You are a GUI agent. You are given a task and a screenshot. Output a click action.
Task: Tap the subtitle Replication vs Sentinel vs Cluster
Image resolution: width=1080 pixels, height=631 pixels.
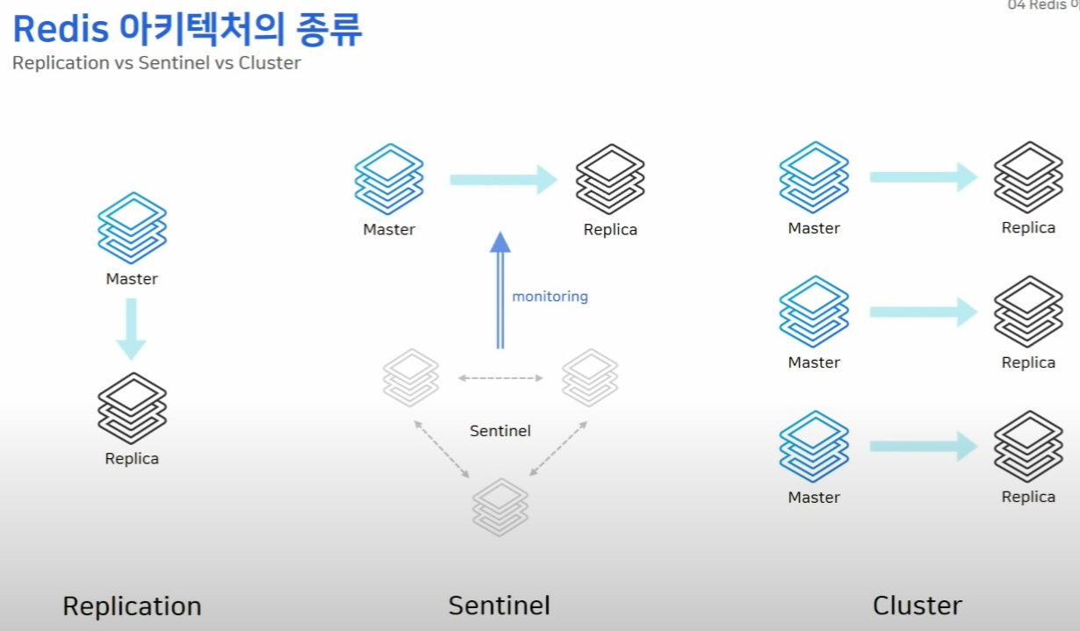pyautogui.click(x=156, y=63)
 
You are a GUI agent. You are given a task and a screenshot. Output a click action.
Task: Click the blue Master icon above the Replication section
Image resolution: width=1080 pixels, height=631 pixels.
pyautogui.click(x=132, y=228)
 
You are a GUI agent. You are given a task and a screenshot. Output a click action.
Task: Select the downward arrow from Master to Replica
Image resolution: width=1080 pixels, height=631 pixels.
pyautogui.click(x=131, y=328)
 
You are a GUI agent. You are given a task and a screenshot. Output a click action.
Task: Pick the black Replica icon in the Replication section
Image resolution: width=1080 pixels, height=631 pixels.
pyautogui.click(x=132, y=408)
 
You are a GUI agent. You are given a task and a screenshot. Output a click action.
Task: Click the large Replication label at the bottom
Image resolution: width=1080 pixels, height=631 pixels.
pyautogui.click(x=132, y=606)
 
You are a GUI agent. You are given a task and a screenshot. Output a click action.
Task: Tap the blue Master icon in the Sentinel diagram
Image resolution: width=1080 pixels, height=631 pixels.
pyautogui.click(x=389, y=180)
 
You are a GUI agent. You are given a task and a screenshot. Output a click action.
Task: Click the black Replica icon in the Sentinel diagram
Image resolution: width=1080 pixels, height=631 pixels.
pyautogui.click(x=610, y=180)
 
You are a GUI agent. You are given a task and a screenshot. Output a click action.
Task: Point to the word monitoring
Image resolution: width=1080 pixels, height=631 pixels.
pyautogui.click(x=550, y=297)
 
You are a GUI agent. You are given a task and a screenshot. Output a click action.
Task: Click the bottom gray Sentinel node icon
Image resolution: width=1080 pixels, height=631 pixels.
pyautogui.click(x=500, y=506)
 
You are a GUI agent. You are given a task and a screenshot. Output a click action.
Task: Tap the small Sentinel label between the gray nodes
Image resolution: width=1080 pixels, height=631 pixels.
pyautogui.click(x=500, y=431)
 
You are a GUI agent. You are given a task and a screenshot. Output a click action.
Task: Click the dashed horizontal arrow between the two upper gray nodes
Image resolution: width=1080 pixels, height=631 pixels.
pyautogui.click(x=500, y=378)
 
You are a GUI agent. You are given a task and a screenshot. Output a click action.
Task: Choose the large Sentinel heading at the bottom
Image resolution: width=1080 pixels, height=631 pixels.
pyautogui.click(x=499, y=606)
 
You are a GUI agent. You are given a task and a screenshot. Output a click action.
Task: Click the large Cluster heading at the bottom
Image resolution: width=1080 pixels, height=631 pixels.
pyautogui.click(x=917, y=606)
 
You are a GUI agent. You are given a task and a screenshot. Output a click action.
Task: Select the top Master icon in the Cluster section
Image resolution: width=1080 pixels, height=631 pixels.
pyautogui.click(x=814, y=177)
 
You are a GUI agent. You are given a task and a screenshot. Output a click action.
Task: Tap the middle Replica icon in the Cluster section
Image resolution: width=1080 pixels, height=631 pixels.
pyautogui.click(x=1028, y=312)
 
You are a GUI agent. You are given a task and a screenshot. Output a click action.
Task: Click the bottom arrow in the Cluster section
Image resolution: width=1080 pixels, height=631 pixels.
pyautogui.click(x=923, y=446)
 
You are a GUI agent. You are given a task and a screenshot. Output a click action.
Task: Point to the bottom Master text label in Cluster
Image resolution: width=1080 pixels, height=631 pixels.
pyautogui.click(x=814, y=498)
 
